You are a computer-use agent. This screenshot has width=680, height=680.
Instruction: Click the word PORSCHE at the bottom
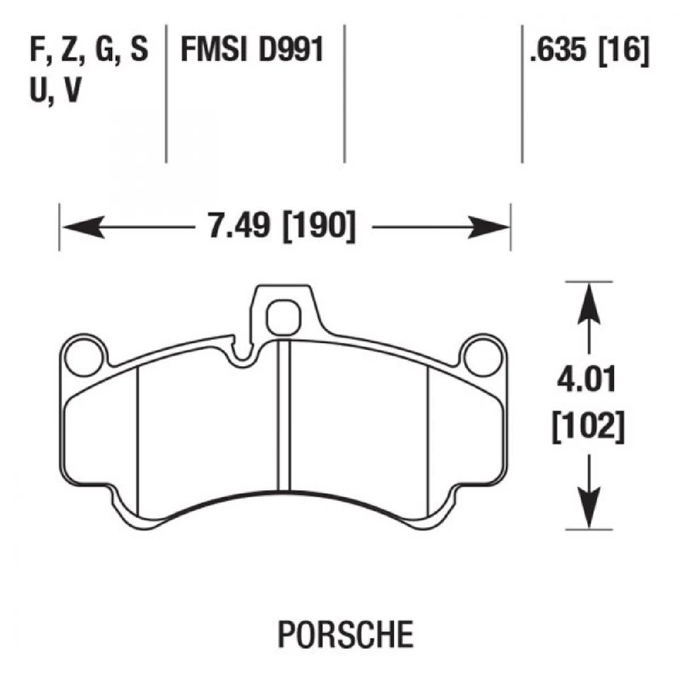point(345,634)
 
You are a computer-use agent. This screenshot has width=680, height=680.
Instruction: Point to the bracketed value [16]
point(623,51)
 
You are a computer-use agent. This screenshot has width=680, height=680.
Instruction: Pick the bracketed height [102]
point(585,429)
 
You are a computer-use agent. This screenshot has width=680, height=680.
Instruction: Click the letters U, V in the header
point(54,92)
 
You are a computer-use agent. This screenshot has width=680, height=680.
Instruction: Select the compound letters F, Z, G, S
point(89,51)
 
